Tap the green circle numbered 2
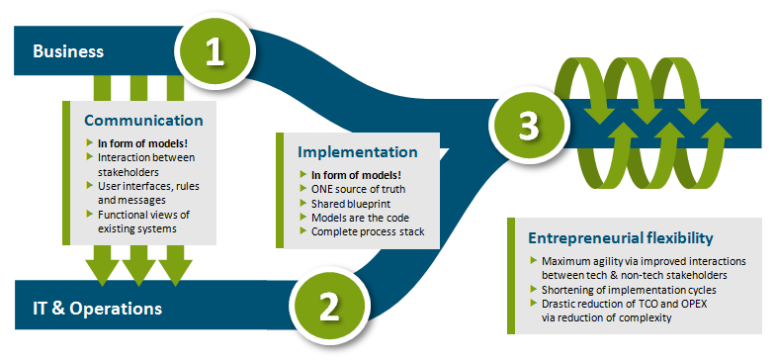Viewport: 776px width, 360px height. [x=329, y=307]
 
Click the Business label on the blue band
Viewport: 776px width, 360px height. [x=68, y=51]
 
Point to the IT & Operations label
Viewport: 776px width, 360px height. [x=98, y=309]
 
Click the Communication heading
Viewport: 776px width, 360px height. [x=143, y=121]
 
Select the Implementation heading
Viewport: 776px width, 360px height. [x=357, y=152]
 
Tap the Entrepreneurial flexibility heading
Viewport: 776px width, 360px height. [x=621, y=238]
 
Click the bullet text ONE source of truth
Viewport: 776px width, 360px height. [x=358, y=189]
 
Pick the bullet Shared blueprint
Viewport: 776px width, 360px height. [x=351, y=204]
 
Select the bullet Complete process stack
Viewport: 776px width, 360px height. [x=368, y=231]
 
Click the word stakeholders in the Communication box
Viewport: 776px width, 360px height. [x=129, y=171]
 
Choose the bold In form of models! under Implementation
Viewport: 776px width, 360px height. [x=356, y=175]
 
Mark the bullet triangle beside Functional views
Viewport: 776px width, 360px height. [x=90, y=214]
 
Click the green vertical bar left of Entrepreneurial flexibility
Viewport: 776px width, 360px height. [x=511, y=275]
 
